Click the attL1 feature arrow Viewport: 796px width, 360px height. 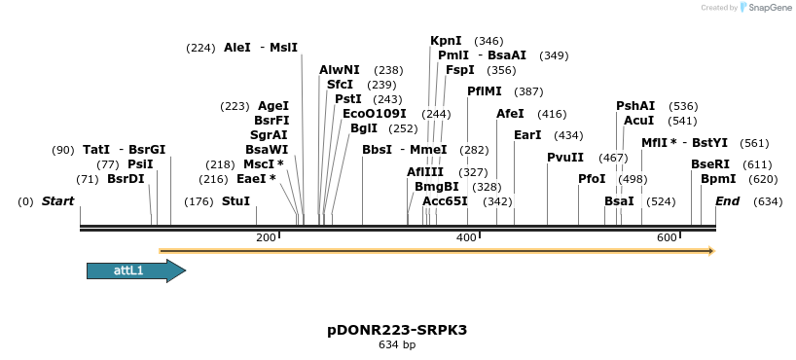pyautogui.click(x=135, y=270)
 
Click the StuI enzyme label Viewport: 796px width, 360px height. pyautogui.click(x=235, y=201)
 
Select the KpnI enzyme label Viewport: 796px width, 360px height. pyautogui.click(x=446, y=41)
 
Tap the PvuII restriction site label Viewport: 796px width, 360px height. pyautogui.click(x=565, y=157)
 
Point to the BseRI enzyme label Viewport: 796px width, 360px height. pyautogui.click(x=709, y=164)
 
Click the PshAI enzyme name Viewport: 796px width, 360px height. pyautogui.click(x=635, y=106)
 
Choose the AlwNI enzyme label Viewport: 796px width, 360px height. pyautogui.click(x=339, y=70)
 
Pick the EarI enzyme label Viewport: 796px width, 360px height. pyautogui.click(x=527, y=135)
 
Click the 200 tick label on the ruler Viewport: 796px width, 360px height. pyautogui.click(x=265, y=238)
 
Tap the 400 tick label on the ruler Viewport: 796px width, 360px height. pyautogui.click(x=466, y=238)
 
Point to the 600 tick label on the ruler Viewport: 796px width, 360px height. pyautogui.click(x=667, y=238)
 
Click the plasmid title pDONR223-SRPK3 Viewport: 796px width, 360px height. pyautogui.click(x=397, y=330)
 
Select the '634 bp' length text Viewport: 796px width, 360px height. pyautogui.click(x=397, y=345)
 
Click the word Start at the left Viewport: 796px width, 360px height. pyautogui.click(x=57, y=201)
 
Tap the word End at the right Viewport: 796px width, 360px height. pyautogui.click(x=727, y=201)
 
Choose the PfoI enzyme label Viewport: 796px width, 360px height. pyautogui.click(x=592, y=179)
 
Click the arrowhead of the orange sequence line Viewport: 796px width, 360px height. pyautogui.click(x=711, y=251)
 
